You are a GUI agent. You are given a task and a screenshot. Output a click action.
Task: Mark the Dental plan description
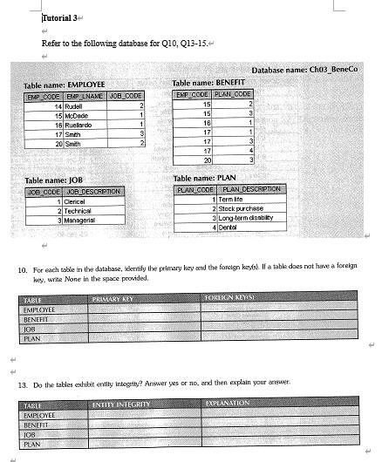229,228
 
